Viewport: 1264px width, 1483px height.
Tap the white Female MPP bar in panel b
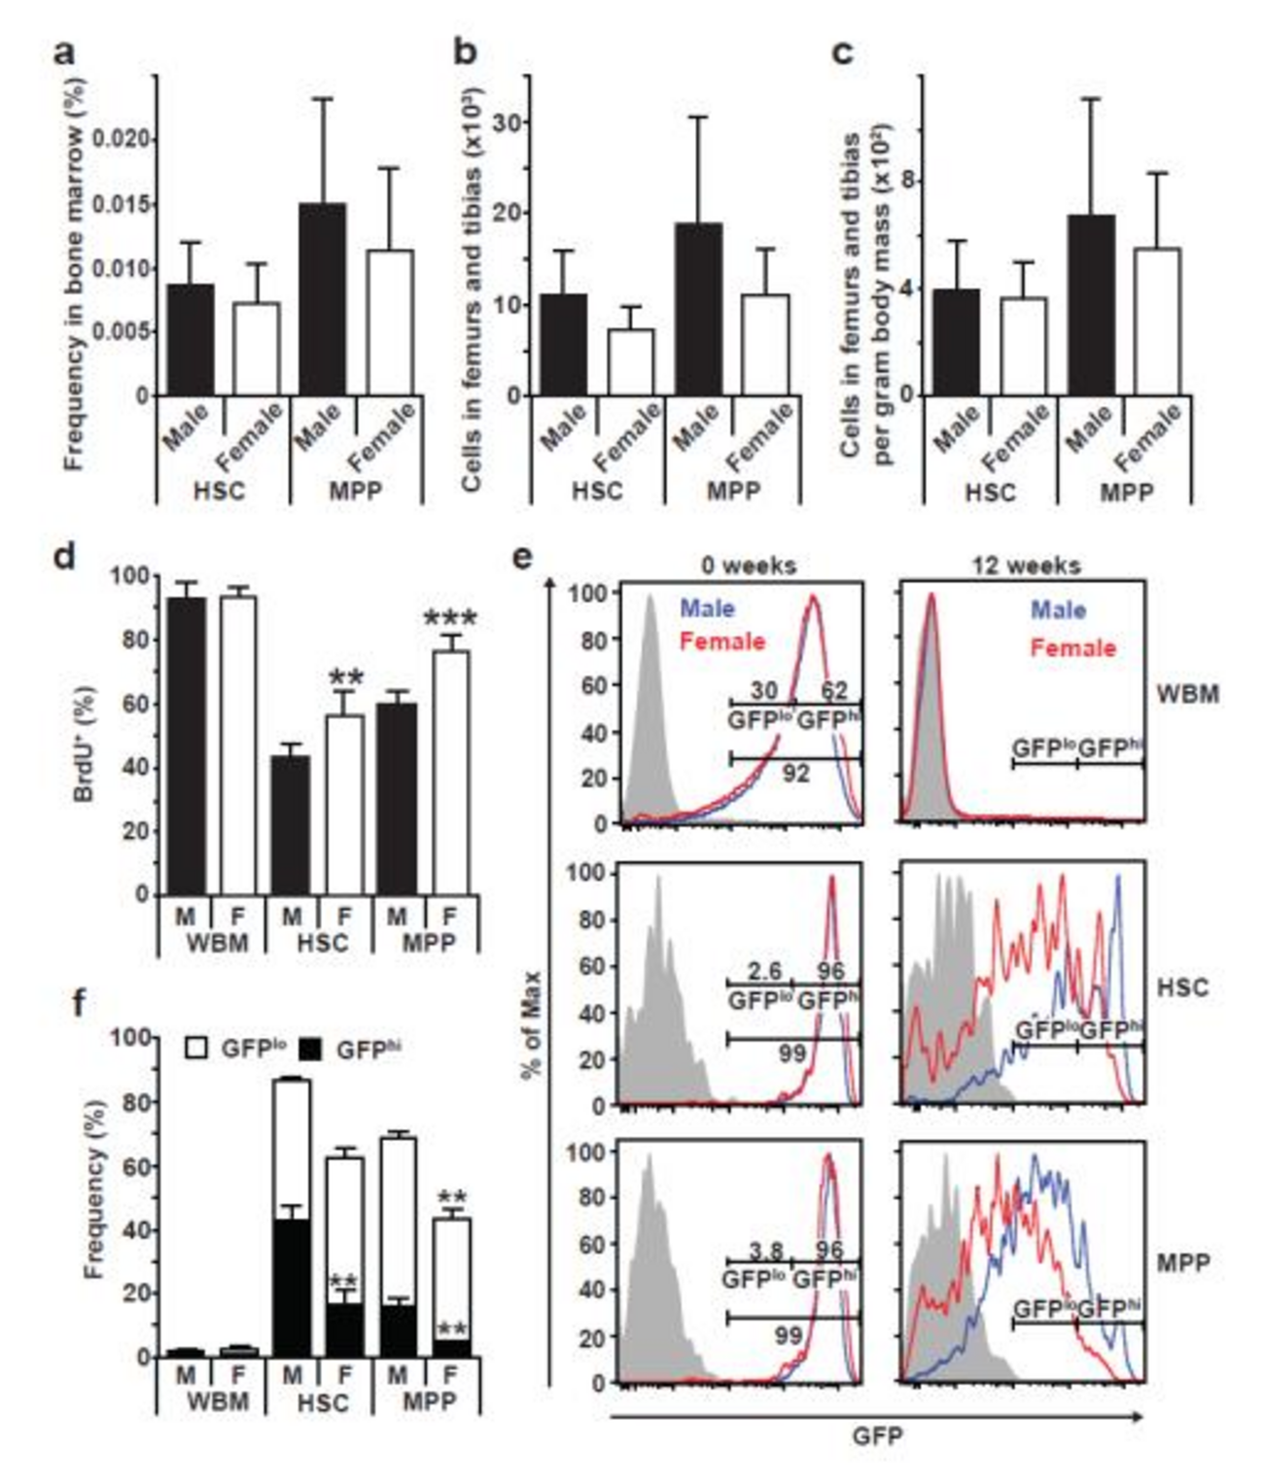click(x=765, y=345)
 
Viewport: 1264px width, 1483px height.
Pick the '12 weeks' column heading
click(x=1026, y=565)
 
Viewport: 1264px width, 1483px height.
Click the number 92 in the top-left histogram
click(x=795, y=776)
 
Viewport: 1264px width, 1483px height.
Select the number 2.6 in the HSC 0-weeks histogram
click(x=759, y=971)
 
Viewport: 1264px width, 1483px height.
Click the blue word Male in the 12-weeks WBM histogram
click(x=1059, y=609)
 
